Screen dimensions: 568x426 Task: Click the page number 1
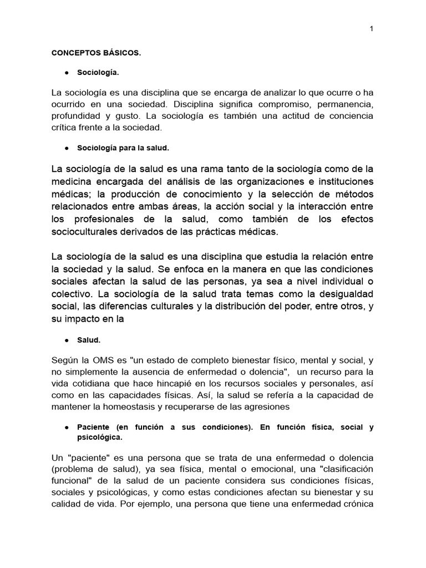click(x=371, y=29)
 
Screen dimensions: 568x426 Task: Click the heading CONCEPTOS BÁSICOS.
click(x=97, y=53)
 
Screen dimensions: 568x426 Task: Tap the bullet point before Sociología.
click(x=67, y=73)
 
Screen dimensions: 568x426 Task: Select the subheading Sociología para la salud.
click(x=123, y=148)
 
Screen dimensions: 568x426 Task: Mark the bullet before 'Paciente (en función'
click(x=67, y=428)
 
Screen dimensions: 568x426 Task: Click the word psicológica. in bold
click(x=100, y=437)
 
